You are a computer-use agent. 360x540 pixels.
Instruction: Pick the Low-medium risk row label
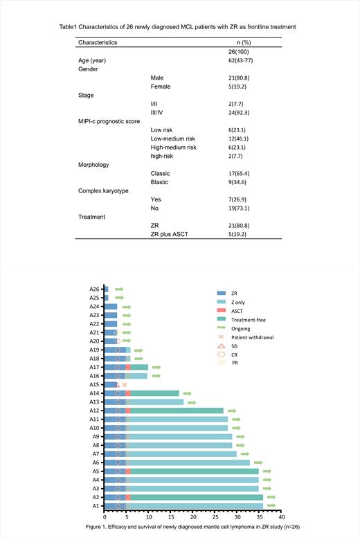click(172, 138)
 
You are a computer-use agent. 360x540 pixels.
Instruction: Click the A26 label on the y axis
click(94, 289)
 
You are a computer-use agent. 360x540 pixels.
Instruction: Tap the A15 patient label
click(94, 384)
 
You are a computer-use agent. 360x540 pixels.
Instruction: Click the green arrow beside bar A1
click(271, 506)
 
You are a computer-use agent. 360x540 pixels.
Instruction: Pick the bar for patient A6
click(177, 462)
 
